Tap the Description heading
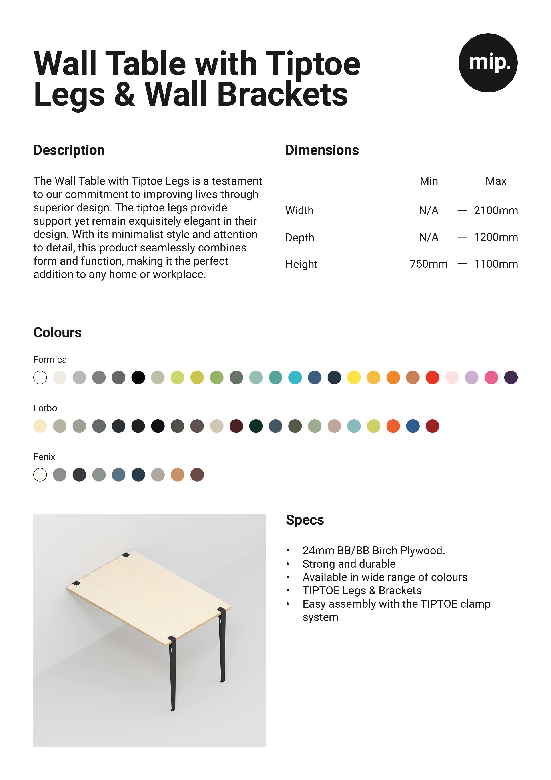click(69, 150)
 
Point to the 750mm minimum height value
click(428, 264)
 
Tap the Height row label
click(301, 264)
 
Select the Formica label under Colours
click(50, 360)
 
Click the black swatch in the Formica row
click(138, 377)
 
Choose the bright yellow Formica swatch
click(354, 377)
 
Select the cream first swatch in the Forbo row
click(40, 426)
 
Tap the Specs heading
click(305, 520)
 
